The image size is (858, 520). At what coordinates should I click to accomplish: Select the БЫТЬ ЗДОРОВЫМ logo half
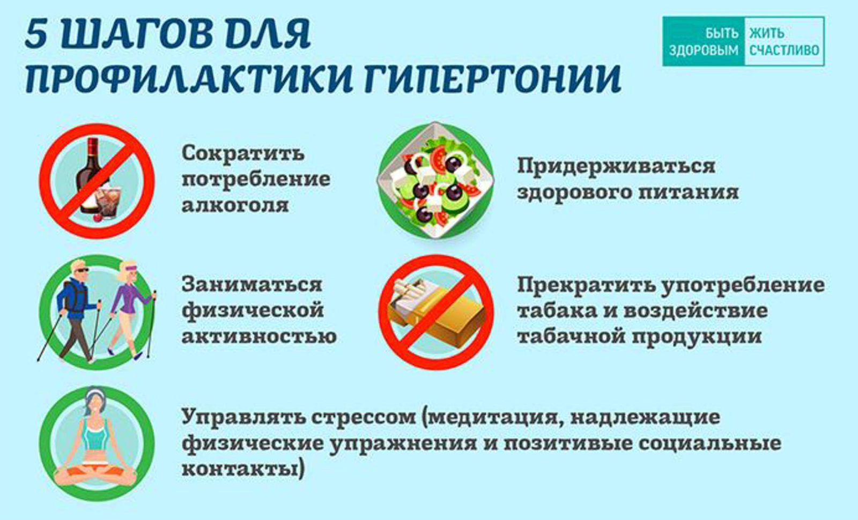tap(703, 41)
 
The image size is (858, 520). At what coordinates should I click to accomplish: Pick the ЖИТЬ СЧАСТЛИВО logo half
tap(784, 41)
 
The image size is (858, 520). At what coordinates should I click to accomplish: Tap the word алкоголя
tap(235, 205)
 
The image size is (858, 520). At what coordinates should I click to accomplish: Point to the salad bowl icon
tap(435, 181)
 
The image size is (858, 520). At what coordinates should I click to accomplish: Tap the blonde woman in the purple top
tap(127, 306)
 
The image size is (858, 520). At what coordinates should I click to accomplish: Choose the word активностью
tap(259, 336)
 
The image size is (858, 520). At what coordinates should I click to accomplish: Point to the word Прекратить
tap(586, 284)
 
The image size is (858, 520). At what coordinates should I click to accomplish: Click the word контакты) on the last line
tap(243, 469)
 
